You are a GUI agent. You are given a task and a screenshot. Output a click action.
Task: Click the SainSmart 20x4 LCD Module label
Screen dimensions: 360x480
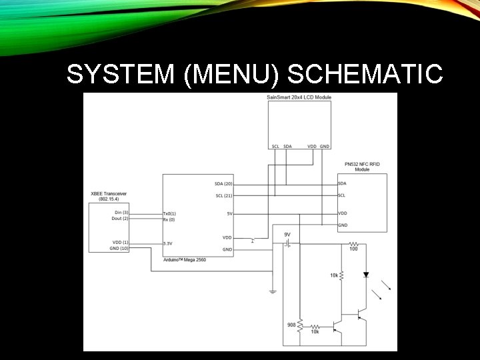click(299, 97)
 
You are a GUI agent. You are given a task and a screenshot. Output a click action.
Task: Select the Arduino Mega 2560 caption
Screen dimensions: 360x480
click(185, 259)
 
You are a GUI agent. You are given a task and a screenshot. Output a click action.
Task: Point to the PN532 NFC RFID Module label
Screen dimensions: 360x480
click(362, 167)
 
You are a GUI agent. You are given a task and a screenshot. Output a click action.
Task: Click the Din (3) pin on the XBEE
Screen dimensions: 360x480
click(121, 212)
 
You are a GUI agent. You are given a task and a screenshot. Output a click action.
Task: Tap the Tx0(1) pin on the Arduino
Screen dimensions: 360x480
click(169, 213)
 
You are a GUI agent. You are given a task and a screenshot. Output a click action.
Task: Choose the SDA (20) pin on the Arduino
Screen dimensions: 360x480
click(224, 183)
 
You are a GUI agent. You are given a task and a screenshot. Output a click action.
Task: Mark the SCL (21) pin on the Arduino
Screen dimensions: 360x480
click(224, 195)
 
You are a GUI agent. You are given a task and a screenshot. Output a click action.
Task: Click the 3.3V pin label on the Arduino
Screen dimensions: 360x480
click(169, 243)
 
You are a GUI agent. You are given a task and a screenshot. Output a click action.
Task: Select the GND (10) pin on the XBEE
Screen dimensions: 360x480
click(120, 248)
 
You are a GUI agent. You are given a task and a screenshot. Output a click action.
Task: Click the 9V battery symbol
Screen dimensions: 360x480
click(287, 244)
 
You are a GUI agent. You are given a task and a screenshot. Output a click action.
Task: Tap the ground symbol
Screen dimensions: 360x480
click(273, 291)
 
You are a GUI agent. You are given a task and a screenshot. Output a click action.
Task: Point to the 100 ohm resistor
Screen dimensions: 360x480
click(353, 244)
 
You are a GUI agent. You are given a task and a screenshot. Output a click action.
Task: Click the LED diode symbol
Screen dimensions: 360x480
click(365, 275)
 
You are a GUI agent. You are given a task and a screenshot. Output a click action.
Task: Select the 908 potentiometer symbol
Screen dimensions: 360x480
click(300, 326)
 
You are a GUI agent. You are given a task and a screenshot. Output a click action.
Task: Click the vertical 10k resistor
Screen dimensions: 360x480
click(341, 275)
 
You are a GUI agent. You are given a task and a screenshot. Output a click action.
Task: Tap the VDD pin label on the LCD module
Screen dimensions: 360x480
click(311, 146)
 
